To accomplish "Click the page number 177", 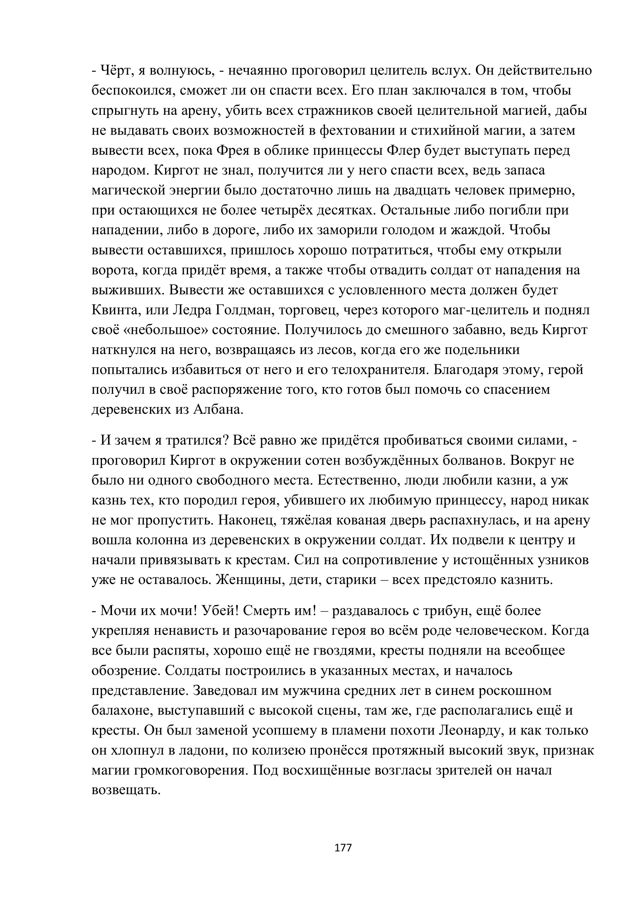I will (x=343, y=847).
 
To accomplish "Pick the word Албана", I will (x=218, y=409).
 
